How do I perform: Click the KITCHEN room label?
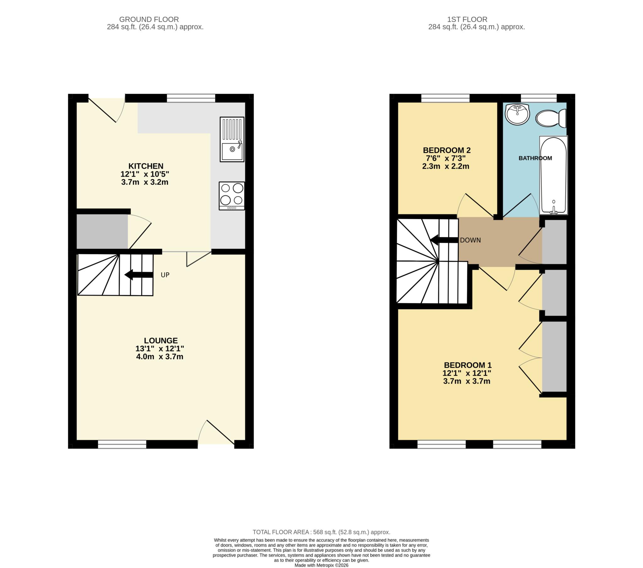pos(146,166)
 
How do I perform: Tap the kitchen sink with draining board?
pos(232,139)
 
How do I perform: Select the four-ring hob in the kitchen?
pos(232,196)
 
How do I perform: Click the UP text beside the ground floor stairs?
pos(165,275)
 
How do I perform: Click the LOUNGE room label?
pos(161,340)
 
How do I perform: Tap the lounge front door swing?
pos(217,433)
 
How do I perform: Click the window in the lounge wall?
pos(122,444)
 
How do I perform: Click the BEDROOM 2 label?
pos(446,150)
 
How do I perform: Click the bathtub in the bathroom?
pos(553,175)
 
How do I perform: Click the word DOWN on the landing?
pos(470,240)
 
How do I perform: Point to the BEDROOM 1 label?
pos(467,365)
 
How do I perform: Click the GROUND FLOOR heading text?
pos(149,19)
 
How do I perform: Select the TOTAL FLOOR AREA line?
pos(321,532)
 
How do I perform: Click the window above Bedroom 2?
pos(445,98)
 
